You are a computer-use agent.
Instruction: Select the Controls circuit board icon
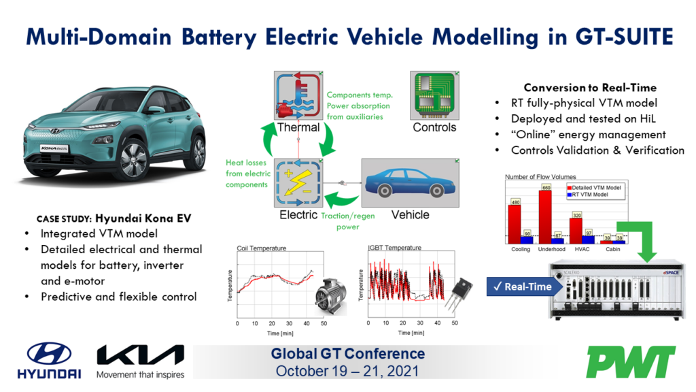pos(435,95)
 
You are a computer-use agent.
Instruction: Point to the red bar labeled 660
pos(545,215)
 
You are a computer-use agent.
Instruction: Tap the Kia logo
pos(140,355)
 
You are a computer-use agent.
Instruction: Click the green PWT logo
pos(631,362)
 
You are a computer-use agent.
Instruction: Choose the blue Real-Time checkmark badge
pos(522,287)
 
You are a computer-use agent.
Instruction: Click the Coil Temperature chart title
pos(261,248)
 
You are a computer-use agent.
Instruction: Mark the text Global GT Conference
pos(347,354)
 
